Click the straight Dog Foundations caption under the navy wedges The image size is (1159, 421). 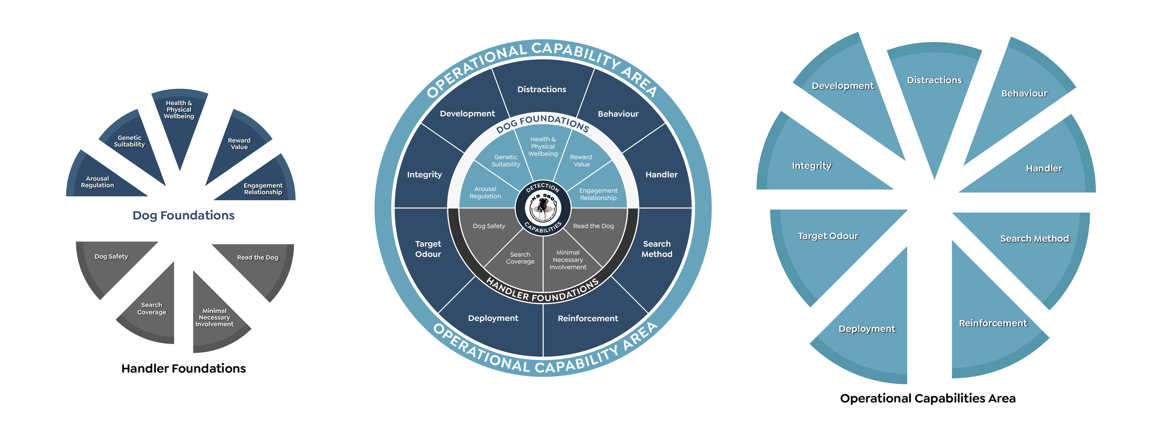[183, 215]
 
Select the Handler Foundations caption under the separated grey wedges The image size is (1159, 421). [183, 368]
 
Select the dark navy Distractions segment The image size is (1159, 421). [542, 89]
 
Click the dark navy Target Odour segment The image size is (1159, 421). [428, 249]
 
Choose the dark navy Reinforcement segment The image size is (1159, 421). [587, 318]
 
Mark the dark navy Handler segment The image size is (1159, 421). [661, 174]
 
